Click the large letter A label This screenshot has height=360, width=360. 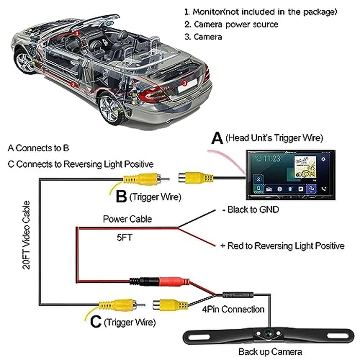coord(218,138)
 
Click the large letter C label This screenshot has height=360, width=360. coord(95,322)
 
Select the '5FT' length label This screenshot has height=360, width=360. coord(125,238)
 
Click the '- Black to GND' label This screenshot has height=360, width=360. coord(250,210)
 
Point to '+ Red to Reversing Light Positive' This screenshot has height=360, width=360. coord(282,246)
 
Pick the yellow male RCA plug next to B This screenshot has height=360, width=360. coord(142,179)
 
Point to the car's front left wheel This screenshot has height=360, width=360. coord(26,60)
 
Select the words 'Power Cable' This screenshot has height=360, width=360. coord(128,219)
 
